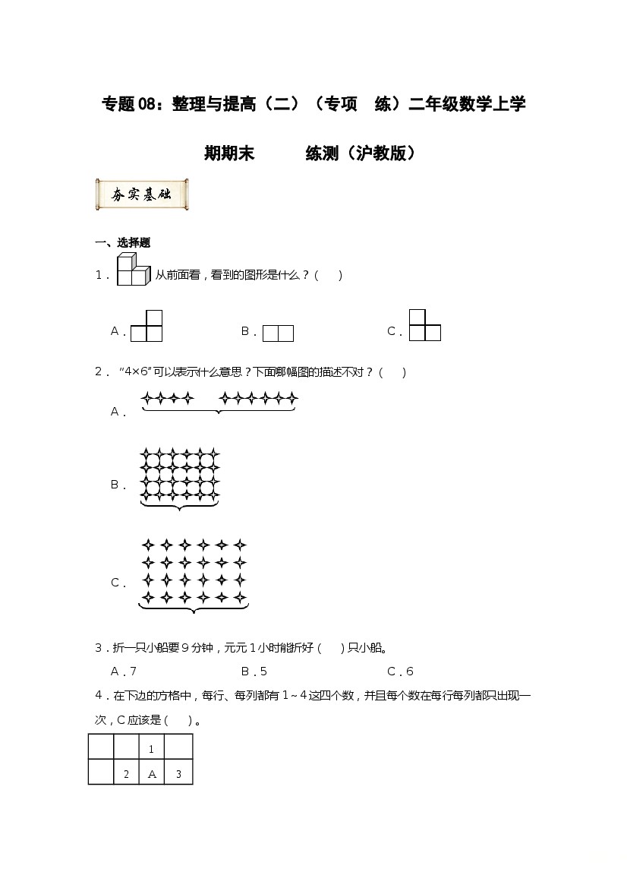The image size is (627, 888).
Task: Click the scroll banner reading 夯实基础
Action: point(142,195)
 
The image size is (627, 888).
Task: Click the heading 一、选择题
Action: point(122,243)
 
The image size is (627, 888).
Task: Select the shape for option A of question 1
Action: point(147,327)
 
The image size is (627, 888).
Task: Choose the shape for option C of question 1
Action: point(424,326)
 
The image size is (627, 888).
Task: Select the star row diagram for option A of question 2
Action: point(219,401)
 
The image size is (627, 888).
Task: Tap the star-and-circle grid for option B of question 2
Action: point(180,479)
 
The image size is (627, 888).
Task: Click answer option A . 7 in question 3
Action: point(124,672)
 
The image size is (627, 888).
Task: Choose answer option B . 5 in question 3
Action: point(254,672)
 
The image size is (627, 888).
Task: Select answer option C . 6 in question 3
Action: point(400,672)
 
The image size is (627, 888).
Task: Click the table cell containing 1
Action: point(152,749)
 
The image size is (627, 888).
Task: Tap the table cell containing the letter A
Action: point(152,774)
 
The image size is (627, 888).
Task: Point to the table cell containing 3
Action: point(178,774)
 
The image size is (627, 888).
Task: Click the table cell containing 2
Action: point(126,774)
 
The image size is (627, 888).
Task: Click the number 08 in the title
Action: point(149,104)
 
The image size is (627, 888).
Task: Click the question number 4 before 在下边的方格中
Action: point(98,695)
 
